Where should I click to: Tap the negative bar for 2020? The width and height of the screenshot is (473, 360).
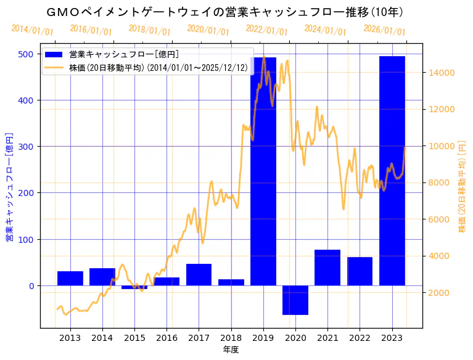pyautogui.click(x=295, y=300)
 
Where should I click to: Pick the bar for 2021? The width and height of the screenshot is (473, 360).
pyautogui.click(x=327, y=268)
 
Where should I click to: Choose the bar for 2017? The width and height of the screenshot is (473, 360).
pyautogui.click(x=199, y=275)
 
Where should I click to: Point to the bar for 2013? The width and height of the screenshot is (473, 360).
pyautogui.click(x=70, y=279)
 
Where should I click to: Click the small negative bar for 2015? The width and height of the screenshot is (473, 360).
pyautogui.click(x=134, y=287)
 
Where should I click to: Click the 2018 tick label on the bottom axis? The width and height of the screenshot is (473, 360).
pyautogui.click(x=231, y=337)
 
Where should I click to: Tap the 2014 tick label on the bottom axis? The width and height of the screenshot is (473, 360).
pyautogui.click(x=102, y=337)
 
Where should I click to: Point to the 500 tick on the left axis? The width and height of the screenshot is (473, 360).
pyautogui.click(x=25, y=54)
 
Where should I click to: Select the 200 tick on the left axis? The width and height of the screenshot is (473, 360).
pyautogui.click(x=25, y=193)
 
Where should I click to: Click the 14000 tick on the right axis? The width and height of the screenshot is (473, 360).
pyautogui.click(x=442, y=73)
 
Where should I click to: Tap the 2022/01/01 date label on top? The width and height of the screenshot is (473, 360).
pyautogui.click(x=266, y=30)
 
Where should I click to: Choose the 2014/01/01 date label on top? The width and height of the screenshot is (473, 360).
pyautogui.click(x=32, y=30)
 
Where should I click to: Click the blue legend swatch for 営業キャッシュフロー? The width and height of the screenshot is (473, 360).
pyautogui.click(x=55, y=55)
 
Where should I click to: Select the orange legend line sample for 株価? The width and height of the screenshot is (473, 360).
pyautogui.click(x=55, y=68)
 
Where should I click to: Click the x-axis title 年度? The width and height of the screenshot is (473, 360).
pyautogui.click(x=231, y=350)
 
